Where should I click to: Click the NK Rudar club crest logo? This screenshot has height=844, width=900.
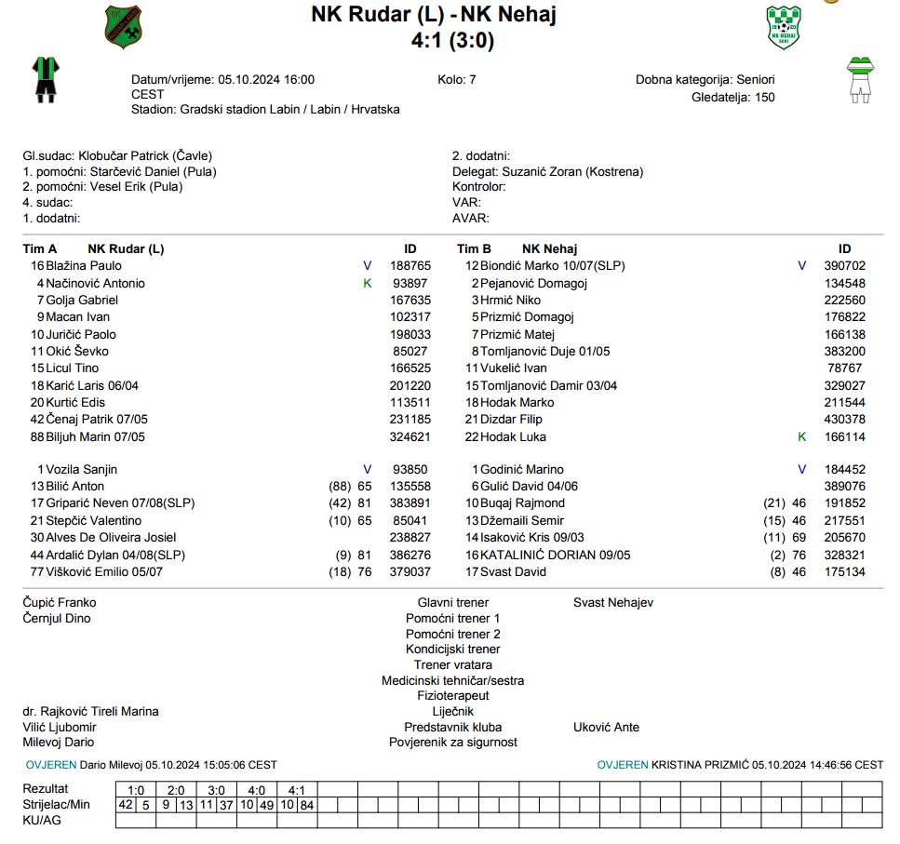[x=124, y=27]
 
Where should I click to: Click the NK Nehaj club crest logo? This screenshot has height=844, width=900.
[x=783, y=27]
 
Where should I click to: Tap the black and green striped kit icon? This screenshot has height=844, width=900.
[x=44, y=79]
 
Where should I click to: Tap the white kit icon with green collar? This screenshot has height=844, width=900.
[x=858, y=79]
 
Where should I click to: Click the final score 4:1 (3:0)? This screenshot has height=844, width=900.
[x=452, y=40]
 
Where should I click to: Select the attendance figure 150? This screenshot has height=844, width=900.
[x=765, y=97]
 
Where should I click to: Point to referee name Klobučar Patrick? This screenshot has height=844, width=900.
[x=108, y=156]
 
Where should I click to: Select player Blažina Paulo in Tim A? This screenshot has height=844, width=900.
[x=84, y=266]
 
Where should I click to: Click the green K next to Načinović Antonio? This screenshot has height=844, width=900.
[x=367, y=283]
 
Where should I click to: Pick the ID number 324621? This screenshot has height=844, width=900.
[x=410, y=436]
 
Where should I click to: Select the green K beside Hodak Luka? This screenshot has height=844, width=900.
[x=802, y=436]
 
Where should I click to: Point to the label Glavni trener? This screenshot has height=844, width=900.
[x=452, y=603]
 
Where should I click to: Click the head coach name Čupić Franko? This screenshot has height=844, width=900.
[x=60, y=603]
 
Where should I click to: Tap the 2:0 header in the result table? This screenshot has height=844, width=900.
[x=176, y=790]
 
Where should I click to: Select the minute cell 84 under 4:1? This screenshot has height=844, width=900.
[x=306, y=805]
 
